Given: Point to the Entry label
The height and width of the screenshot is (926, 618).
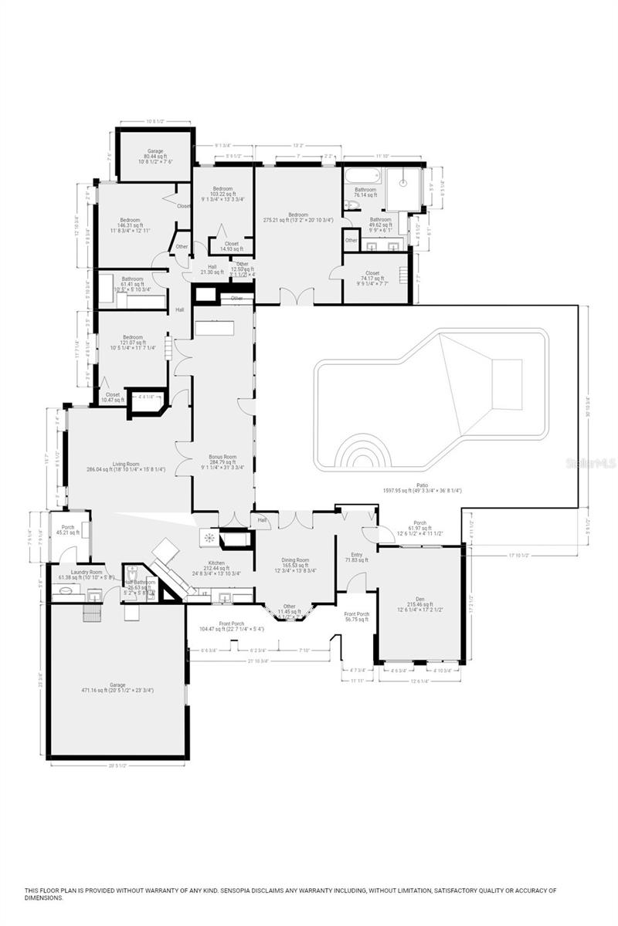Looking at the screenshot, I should coord(357,555).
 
